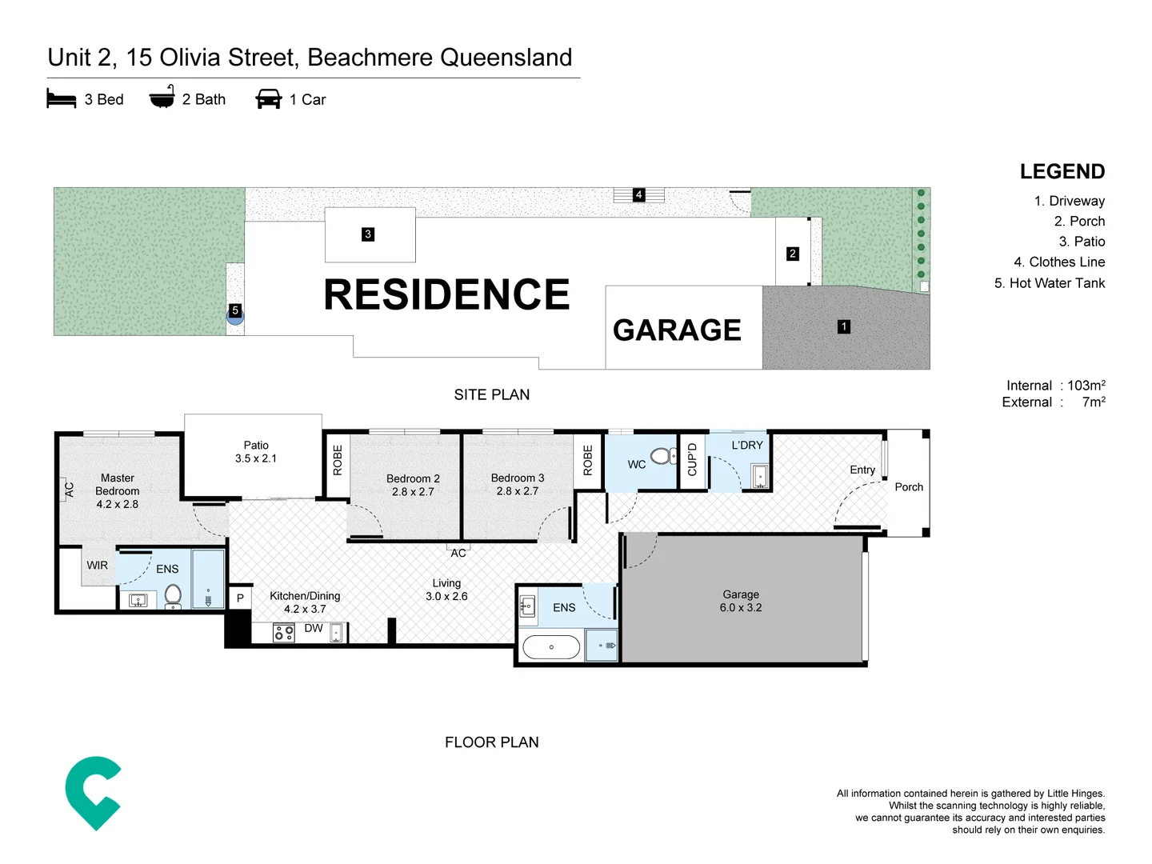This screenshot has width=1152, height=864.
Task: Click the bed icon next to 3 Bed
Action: (x=61, y=99)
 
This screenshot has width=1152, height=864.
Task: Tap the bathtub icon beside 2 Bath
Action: (x=162, y=97)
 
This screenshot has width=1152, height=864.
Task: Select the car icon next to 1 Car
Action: (x=269, y=99)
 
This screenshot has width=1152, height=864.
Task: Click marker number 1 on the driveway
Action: (x=843, y=326)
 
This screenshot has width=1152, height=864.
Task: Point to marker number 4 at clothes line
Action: (x=638, y=194)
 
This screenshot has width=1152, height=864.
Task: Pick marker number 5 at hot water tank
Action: (x=234, y=310)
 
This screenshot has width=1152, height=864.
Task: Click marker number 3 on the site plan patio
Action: (x=368, y=234)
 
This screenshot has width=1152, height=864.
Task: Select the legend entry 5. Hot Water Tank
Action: (x=1049, y=283)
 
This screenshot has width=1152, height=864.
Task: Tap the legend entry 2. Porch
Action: (x=1079, y=222)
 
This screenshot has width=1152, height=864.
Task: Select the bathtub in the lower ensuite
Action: (x=551, y=646)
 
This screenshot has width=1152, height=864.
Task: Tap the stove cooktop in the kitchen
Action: (x=284, y=634)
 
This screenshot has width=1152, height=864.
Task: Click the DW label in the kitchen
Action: (x=314, y=629)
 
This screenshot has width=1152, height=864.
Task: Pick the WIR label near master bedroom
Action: (x=97, y=566)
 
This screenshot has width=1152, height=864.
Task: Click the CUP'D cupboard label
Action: (x=693, y=459)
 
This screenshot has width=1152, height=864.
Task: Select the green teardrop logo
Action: (x=94, y=792)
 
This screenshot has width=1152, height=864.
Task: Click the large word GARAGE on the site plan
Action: (x=677, y=330)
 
